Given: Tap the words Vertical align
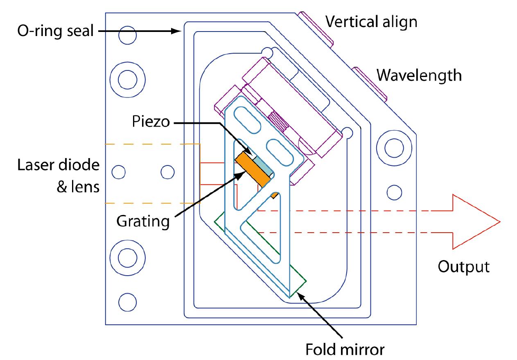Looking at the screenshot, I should [371, 21].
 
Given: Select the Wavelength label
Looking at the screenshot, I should [419, 75].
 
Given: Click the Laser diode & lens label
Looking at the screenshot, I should [58, 176].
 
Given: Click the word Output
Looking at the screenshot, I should [463, 267].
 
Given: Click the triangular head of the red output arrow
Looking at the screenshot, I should [475, 222].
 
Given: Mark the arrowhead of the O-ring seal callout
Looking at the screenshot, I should [178, 31].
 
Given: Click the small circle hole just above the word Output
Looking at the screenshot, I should [394, 192].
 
